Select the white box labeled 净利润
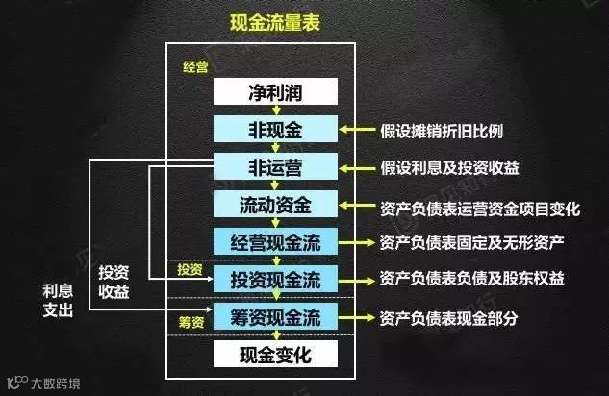click(275, 92)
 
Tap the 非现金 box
click(275, 130)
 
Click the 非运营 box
click(275, 167)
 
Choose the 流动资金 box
click(275, 204)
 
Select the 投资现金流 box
click(275, 279)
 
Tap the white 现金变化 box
click(275, 355)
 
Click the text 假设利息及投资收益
click(449, 167)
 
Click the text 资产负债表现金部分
click(449, 316)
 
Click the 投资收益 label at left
click(114, 280)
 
